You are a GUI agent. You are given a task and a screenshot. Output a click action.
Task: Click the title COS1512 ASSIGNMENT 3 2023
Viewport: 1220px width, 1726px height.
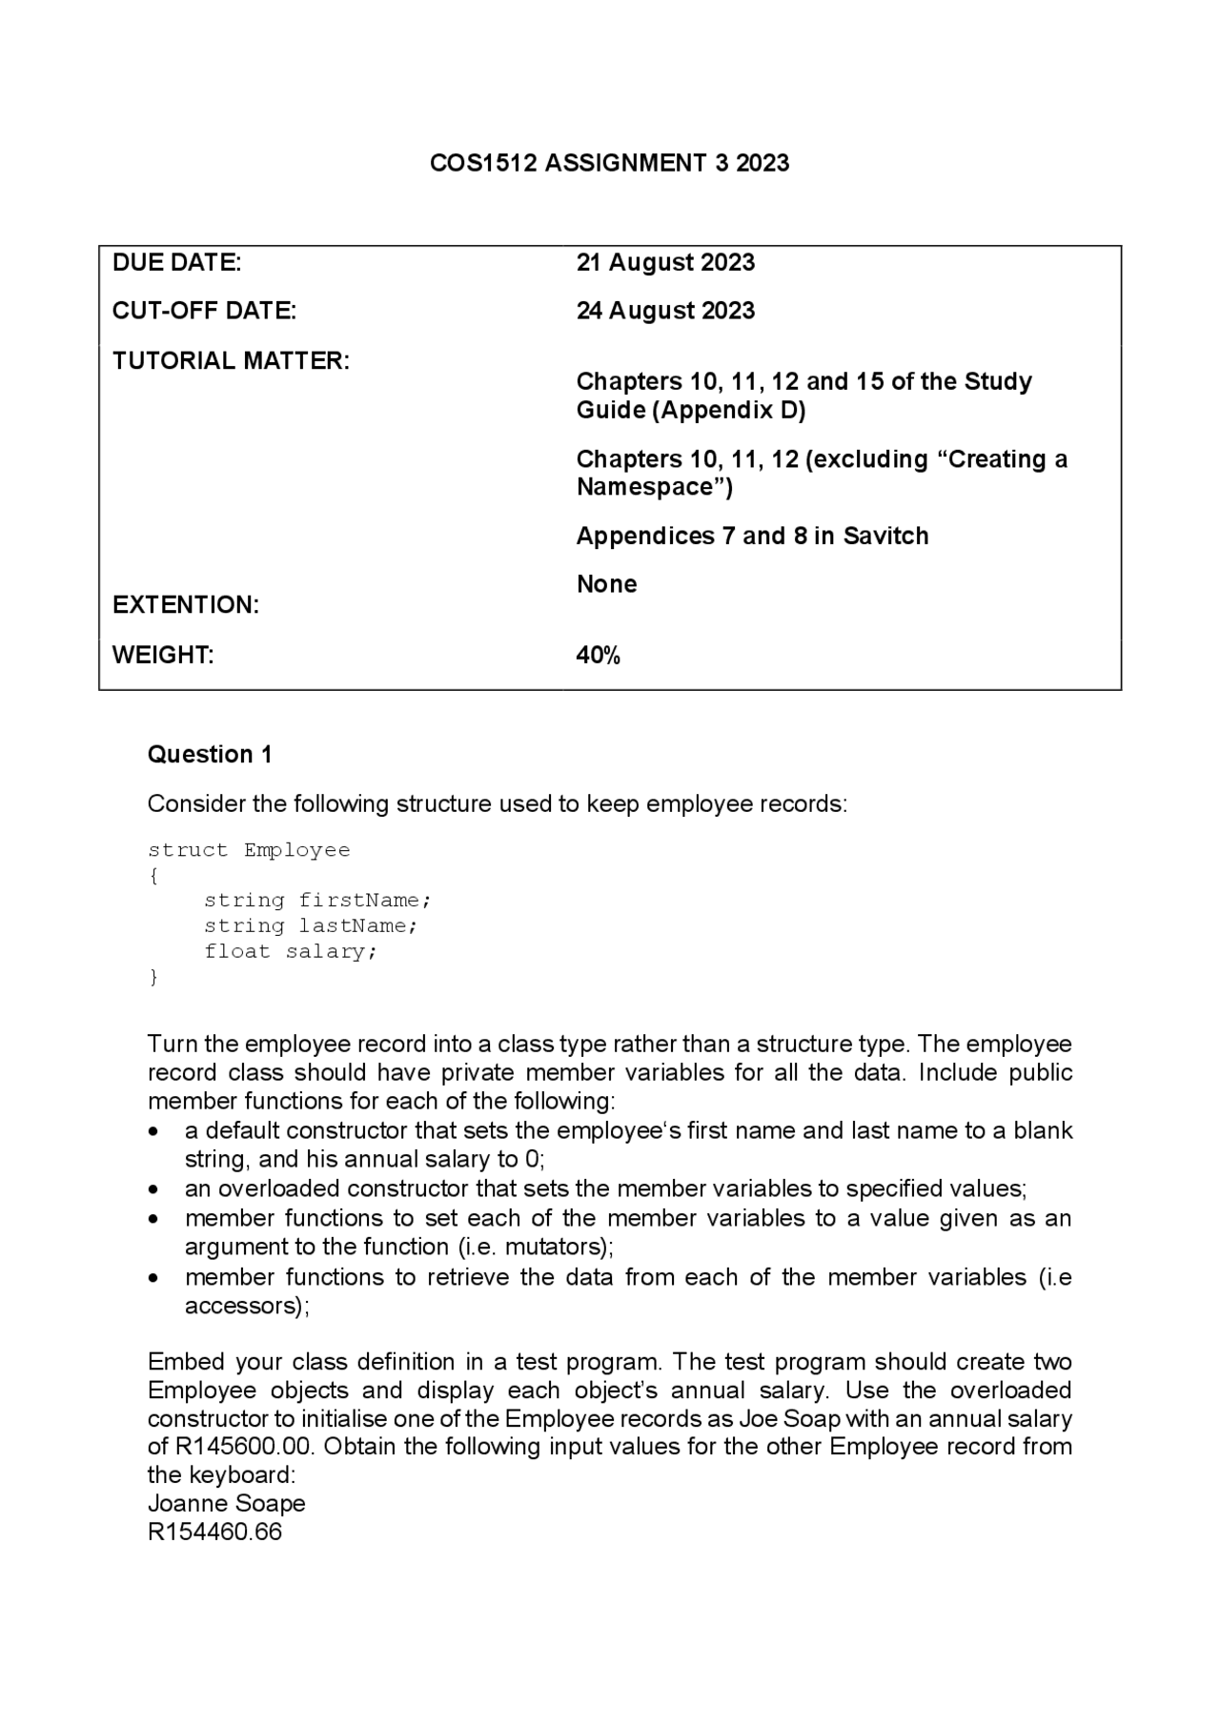pyautogui.click(x=609, y=163)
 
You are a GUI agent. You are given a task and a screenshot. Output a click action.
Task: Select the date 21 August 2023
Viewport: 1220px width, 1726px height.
pyautogui.click(x=665, y=262)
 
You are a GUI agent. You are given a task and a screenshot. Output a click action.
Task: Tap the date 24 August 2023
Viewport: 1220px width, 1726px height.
pyautogui.click(x=665, y=311)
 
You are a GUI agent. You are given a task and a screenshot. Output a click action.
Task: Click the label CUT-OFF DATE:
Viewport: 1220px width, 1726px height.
pyautogui.click(x=204, y=311)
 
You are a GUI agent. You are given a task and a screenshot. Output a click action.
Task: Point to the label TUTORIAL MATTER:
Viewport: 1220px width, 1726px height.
pyautogui.click(x=231, y=361)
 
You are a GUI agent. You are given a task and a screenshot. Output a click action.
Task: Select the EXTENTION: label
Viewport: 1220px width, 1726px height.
pyautogui.click(x=186, y=605)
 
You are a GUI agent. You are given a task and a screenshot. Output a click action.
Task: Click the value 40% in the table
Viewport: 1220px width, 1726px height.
pyautogui.click(x=598, y=655)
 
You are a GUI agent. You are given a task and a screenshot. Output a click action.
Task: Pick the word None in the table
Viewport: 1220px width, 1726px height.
pyautogui.click(x=606, y=583)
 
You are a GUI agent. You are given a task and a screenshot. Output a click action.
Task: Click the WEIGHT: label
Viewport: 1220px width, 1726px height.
pyautogui.click(x=163, y=655)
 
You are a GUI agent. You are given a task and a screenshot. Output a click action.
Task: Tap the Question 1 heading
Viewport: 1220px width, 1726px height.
pyautogui.click(x=210, y=754)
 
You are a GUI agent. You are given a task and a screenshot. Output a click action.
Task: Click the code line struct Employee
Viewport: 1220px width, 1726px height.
pyautogui.click(x=249, y=849)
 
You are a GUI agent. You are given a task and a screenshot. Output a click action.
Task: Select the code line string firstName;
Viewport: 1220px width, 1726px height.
pyautogui.click(x=317, y=900)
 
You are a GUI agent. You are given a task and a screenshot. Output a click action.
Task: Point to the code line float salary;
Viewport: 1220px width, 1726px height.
pyautogui.click(x=291, y=951)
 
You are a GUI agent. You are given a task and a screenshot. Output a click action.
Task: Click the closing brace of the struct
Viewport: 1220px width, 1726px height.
pyautogui.click(x=153, y=977)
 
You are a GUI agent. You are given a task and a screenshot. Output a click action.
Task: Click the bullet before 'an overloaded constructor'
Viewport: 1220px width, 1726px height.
pyautogui.click(x=154, y=1189)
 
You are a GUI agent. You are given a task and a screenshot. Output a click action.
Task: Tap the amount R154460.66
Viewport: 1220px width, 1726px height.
pyautogui.click(x=214, y=1532)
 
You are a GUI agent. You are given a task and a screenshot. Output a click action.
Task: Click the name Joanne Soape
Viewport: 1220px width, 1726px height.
pyautogui.click(x=226, y=1503)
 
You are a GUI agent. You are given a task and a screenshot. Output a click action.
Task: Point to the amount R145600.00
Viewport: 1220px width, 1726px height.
pyautogui.click(x=245, y=1446)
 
